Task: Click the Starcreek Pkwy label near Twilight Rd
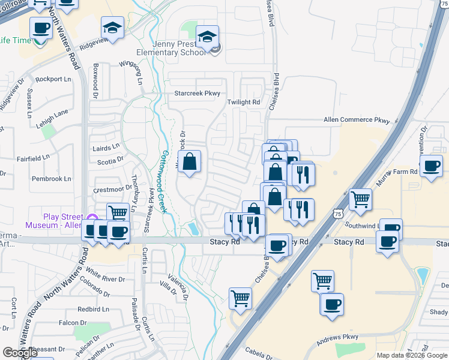point(197,94)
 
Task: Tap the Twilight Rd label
point(243,102)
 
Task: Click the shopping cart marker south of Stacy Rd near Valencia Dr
point(240,298)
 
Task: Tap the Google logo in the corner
point(20,353)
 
